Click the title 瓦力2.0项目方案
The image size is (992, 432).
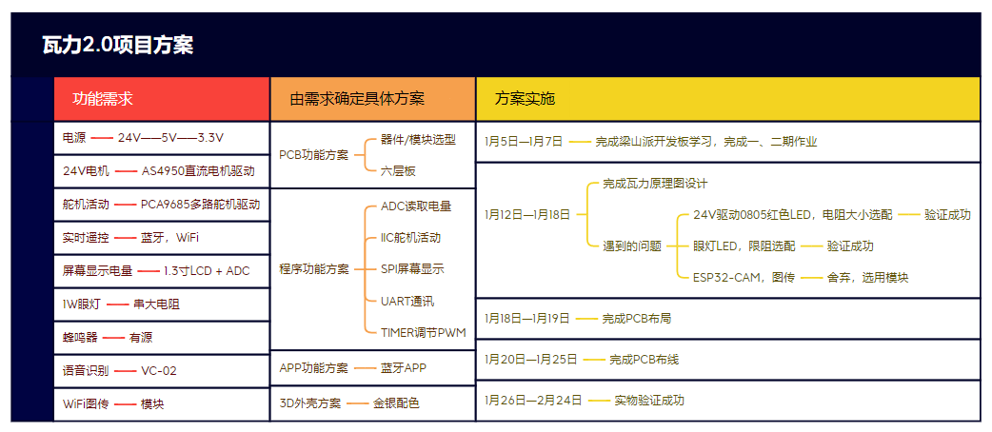pos(117,46)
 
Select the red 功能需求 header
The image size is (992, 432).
pos(103,99)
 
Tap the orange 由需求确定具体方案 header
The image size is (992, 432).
pos(357,99)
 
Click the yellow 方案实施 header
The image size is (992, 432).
pos(525,99)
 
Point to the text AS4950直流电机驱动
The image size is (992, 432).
pos(198,171)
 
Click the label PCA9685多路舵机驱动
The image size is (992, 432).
pos(201,205)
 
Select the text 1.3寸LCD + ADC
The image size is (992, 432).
pos(207,270)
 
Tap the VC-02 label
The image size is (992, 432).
pos(159,371)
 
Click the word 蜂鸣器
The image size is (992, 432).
pos(80,337)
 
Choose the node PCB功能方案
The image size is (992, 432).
pos(314,155)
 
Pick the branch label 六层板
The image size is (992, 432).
pos(399,170)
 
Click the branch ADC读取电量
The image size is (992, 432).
pos(416,206)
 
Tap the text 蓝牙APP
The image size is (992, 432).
pos(404,368)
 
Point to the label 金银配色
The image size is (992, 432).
pos(396,403)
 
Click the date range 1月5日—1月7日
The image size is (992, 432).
pos(524,142)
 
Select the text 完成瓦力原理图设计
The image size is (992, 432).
pos(655,184)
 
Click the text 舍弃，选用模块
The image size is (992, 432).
pos(867,277)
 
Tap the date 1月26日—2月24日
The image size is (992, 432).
pos(533,400)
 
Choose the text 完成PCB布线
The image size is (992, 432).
pos(645,360)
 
